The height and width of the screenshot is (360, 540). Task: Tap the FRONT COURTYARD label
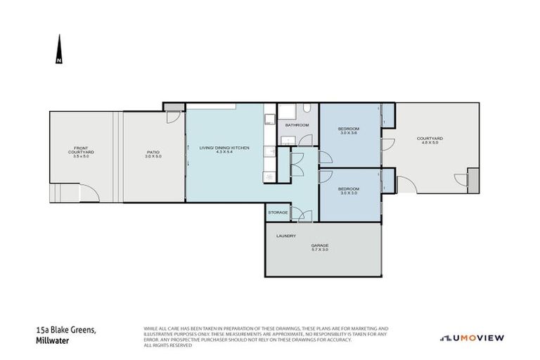pyautogui.click(x=82, y=152)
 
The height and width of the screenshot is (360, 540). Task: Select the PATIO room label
pyautogui.click(x=154, y=152)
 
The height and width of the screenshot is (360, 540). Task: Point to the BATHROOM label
pyautogui.click(x=297, y=125)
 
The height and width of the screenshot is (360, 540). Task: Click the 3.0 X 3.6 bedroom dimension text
pyautogui.click(x=349, y=133)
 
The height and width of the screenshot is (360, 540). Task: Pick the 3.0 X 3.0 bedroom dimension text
pyautogui.click(x=349, y=193)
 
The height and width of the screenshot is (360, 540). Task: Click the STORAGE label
pyautogui.click(x=277, y=212)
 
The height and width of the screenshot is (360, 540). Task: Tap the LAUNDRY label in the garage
pyautogui.click(x=286, y=236)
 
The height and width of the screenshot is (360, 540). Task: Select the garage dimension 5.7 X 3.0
pyautogui.click(x=320, y=250)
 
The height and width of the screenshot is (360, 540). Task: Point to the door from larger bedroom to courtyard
pyautogui.click(x=385, y=144)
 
